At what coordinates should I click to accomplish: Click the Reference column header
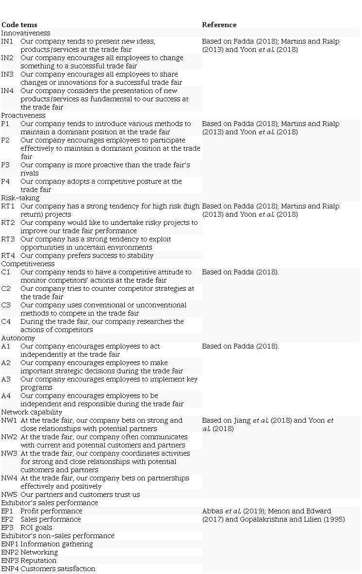(x=219, y=25)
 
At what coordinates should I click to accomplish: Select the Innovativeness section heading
(x=26, y=33)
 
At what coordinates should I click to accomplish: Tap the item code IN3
(x=7, y=74)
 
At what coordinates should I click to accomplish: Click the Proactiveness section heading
(x=23, y=115)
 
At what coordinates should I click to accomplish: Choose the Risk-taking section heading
(x=20, y=198)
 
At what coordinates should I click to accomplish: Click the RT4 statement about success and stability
(x=87, y=255)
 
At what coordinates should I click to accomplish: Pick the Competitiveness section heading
(x=28, y=264)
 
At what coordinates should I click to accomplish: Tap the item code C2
(x=6, y=288)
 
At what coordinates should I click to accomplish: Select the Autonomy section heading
(x=17, y=338)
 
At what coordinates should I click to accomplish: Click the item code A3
(x=6, y=379)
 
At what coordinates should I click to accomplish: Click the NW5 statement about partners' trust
(x=80, y=494)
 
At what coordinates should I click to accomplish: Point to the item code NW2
(x=9, y=437)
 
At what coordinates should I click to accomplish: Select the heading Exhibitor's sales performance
(x=49, y=503)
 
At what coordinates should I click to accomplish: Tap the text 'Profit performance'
(x=51, y=511)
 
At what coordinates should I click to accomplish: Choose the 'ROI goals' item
(x=36, y=527)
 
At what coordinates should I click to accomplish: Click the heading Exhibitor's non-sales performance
(x=58, y=536)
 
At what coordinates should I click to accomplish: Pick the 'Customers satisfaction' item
(x=58, y=569)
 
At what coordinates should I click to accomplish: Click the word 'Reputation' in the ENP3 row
(x=39, y=560)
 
